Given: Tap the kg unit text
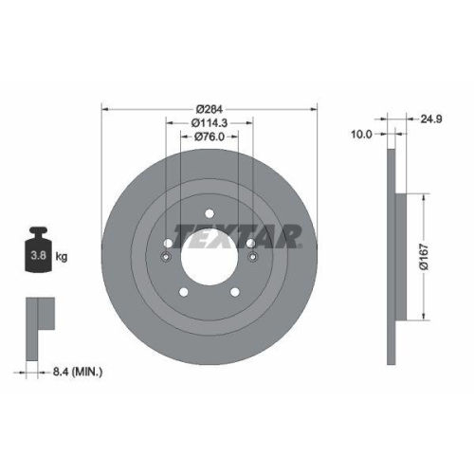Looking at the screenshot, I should pyautogui.click(x=62, y=256).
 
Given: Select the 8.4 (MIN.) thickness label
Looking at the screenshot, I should pyautogui.click(x=79, y=373).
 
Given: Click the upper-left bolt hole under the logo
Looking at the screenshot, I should pyautogui.click(x=167, y=243).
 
